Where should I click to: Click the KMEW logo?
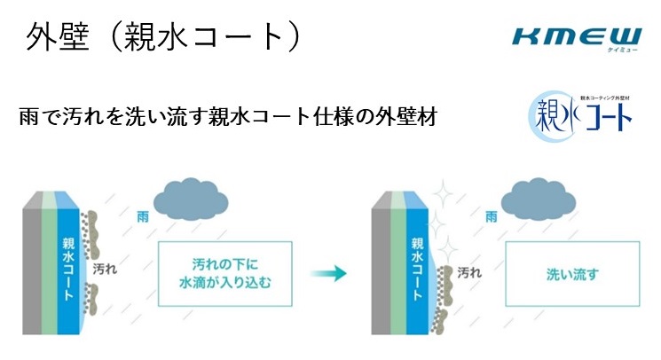click(x=577, y=39)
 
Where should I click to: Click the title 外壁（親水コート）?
click(x=163, y=37)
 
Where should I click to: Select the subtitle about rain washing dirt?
click(x=228, y=117)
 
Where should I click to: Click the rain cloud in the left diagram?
click(x=191, y=201)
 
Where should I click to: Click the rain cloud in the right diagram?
click(x=539, y=201)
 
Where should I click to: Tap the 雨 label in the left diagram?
click(x=143, y=216)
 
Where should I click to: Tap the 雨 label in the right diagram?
click(x=492, y=216)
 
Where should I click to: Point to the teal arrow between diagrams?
click(x=328, y=273)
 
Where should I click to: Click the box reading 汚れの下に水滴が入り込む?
click(x=225, y=274)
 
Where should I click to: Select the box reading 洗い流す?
click(x=572, y=274)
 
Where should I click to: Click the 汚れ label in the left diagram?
click(x=105, y=269)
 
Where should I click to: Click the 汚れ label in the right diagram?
click(x=469, y=272)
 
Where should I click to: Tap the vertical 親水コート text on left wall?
click(x=68, y=269)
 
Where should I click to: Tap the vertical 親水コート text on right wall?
click(x=417, y=269)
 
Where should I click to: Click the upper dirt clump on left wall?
click(x=90, y=234)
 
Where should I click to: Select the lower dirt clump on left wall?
click(x=90, y=299)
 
